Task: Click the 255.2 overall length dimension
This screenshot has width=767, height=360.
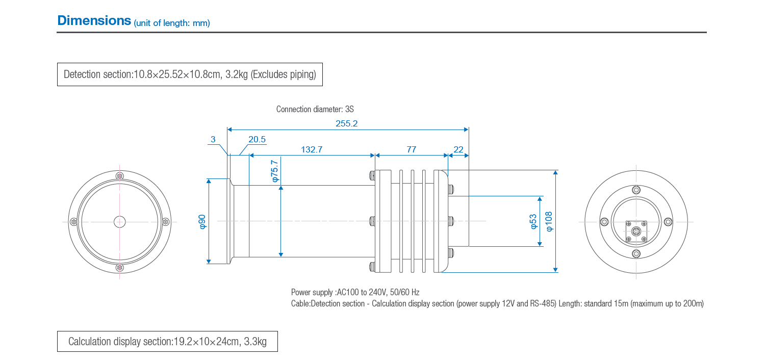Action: (x=346, y=123)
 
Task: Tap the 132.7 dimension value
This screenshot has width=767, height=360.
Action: (x=312, y=149)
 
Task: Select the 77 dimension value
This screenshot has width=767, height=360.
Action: (x=411, y=149)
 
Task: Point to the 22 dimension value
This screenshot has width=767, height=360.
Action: (x=458, y=149)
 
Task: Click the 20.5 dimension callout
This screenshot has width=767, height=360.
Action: (x=257, y=139)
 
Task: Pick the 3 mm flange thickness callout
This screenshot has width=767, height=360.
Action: (x=213, y=139)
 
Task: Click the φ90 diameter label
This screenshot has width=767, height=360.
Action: (x=202, y=222)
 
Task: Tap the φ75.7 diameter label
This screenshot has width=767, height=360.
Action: (x=274, y=171)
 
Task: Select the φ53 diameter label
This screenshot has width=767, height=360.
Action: (x=533, y=221)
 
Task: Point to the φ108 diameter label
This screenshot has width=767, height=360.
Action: (x=549, y=221)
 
